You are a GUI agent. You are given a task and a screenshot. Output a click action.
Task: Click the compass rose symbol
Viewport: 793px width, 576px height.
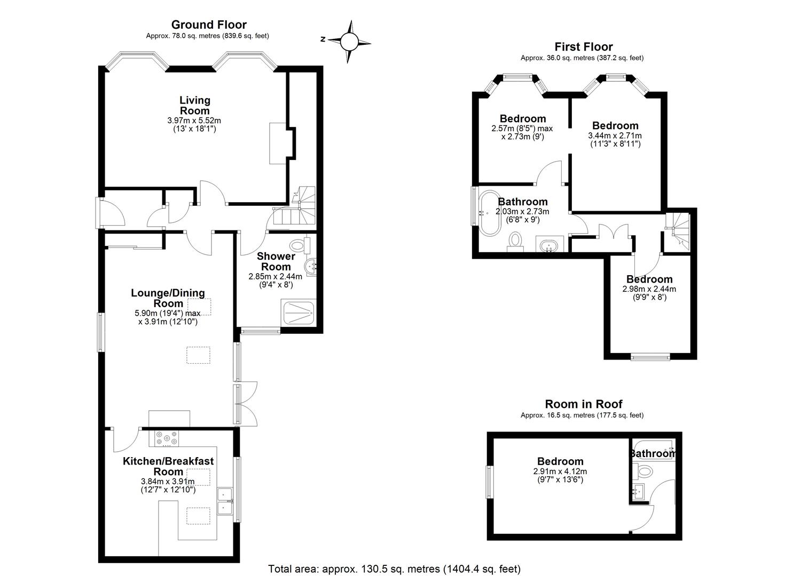[x=349, y=42]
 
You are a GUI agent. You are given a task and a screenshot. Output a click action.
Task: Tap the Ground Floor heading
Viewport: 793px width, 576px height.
[x=209, y=25]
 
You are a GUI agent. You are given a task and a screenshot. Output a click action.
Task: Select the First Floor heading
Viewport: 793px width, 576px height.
[x=584, y=47]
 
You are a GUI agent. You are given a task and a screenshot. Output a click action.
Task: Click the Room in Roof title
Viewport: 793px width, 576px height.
[x=584, y=404]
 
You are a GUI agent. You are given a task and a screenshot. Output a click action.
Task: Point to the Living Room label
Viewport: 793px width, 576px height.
[x=195, y=106]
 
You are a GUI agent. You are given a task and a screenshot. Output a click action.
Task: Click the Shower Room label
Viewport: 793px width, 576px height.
[x=276, y=261]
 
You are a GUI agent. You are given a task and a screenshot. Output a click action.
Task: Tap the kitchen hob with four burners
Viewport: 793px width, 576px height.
[x=167, y=438]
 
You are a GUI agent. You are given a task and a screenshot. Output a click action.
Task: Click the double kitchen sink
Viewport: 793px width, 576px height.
[x=225, y=501]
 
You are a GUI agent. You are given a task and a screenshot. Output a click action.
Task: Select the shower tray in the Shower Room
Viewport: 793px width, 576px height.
[x=298, y=313]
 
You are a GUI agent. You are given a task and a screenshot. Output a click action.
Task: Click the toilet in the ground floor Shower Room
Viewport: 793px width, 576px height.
[x=300, y=244]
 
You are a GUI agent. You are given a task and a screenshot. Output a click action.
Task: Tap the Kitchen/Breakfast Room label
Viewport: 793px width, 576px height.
[x=168, y=466]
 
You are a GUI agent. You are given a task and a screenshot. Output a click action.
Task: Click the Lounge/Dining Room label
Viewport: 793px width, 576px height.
[x=168, y=298]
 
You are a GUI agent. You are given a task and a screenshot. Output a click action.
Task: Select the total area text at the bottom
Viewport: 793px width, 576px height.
[x=395, y=569]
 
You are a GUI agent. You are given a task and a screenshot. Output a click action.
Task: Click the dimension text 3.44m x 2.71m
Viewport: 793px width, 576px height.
[x=615, y=135]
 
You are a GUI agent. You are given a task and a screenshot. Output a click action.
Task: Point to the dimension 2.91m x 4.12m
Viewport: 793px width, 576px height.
[x=560, y=471]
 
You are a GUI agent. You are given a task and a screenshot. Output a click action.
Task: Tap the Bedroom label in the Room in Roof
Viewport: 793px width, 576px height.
[x=560, y=461]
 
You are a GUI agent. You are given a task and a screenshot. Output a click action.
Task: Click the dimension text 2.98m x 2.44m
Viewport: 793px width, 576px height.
[x=649, y=289]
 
